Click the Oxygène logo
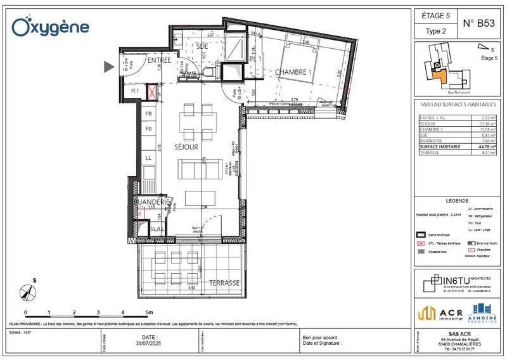point(51,27)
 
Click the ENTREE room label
point(159,60)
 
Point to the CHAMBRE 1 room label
point(293,72)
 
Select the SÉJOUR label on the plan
point(188,146)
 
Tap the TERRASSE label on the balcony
point(224,283)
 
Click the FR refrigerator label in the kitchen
point(148,114)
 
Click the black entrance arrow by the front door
point(110,65)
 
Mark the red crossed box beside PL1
point(152,93)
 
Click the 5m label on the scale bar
point(148,312)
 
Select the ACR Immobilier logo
point(436,312)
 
